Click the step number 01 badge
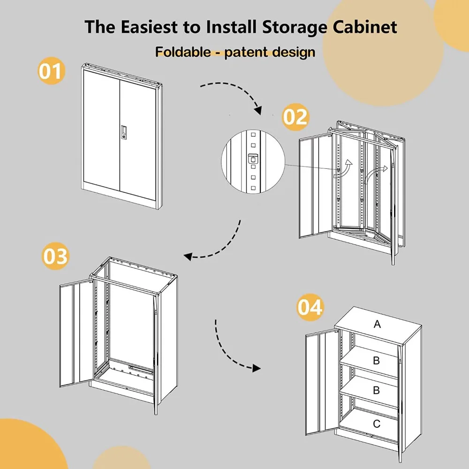tap(50, 71)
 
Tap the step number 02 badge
tap(296, 116)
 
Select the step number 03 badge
tap(55, 256)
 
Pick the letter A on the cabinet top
tap(377, 324)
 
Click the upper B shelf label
tap(376, 361)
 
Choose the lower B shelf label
tap(376, 391)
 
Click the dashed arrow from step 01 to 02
tap(232, 91)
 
